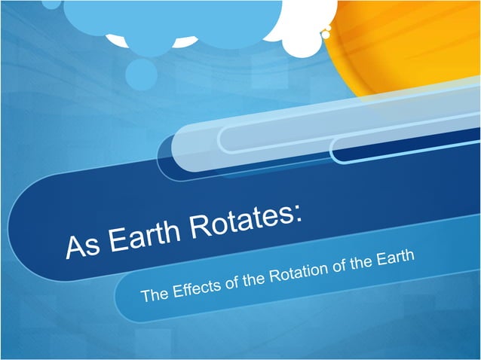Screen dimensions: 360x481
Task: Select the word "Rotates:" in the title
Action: tap(246, 218)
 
